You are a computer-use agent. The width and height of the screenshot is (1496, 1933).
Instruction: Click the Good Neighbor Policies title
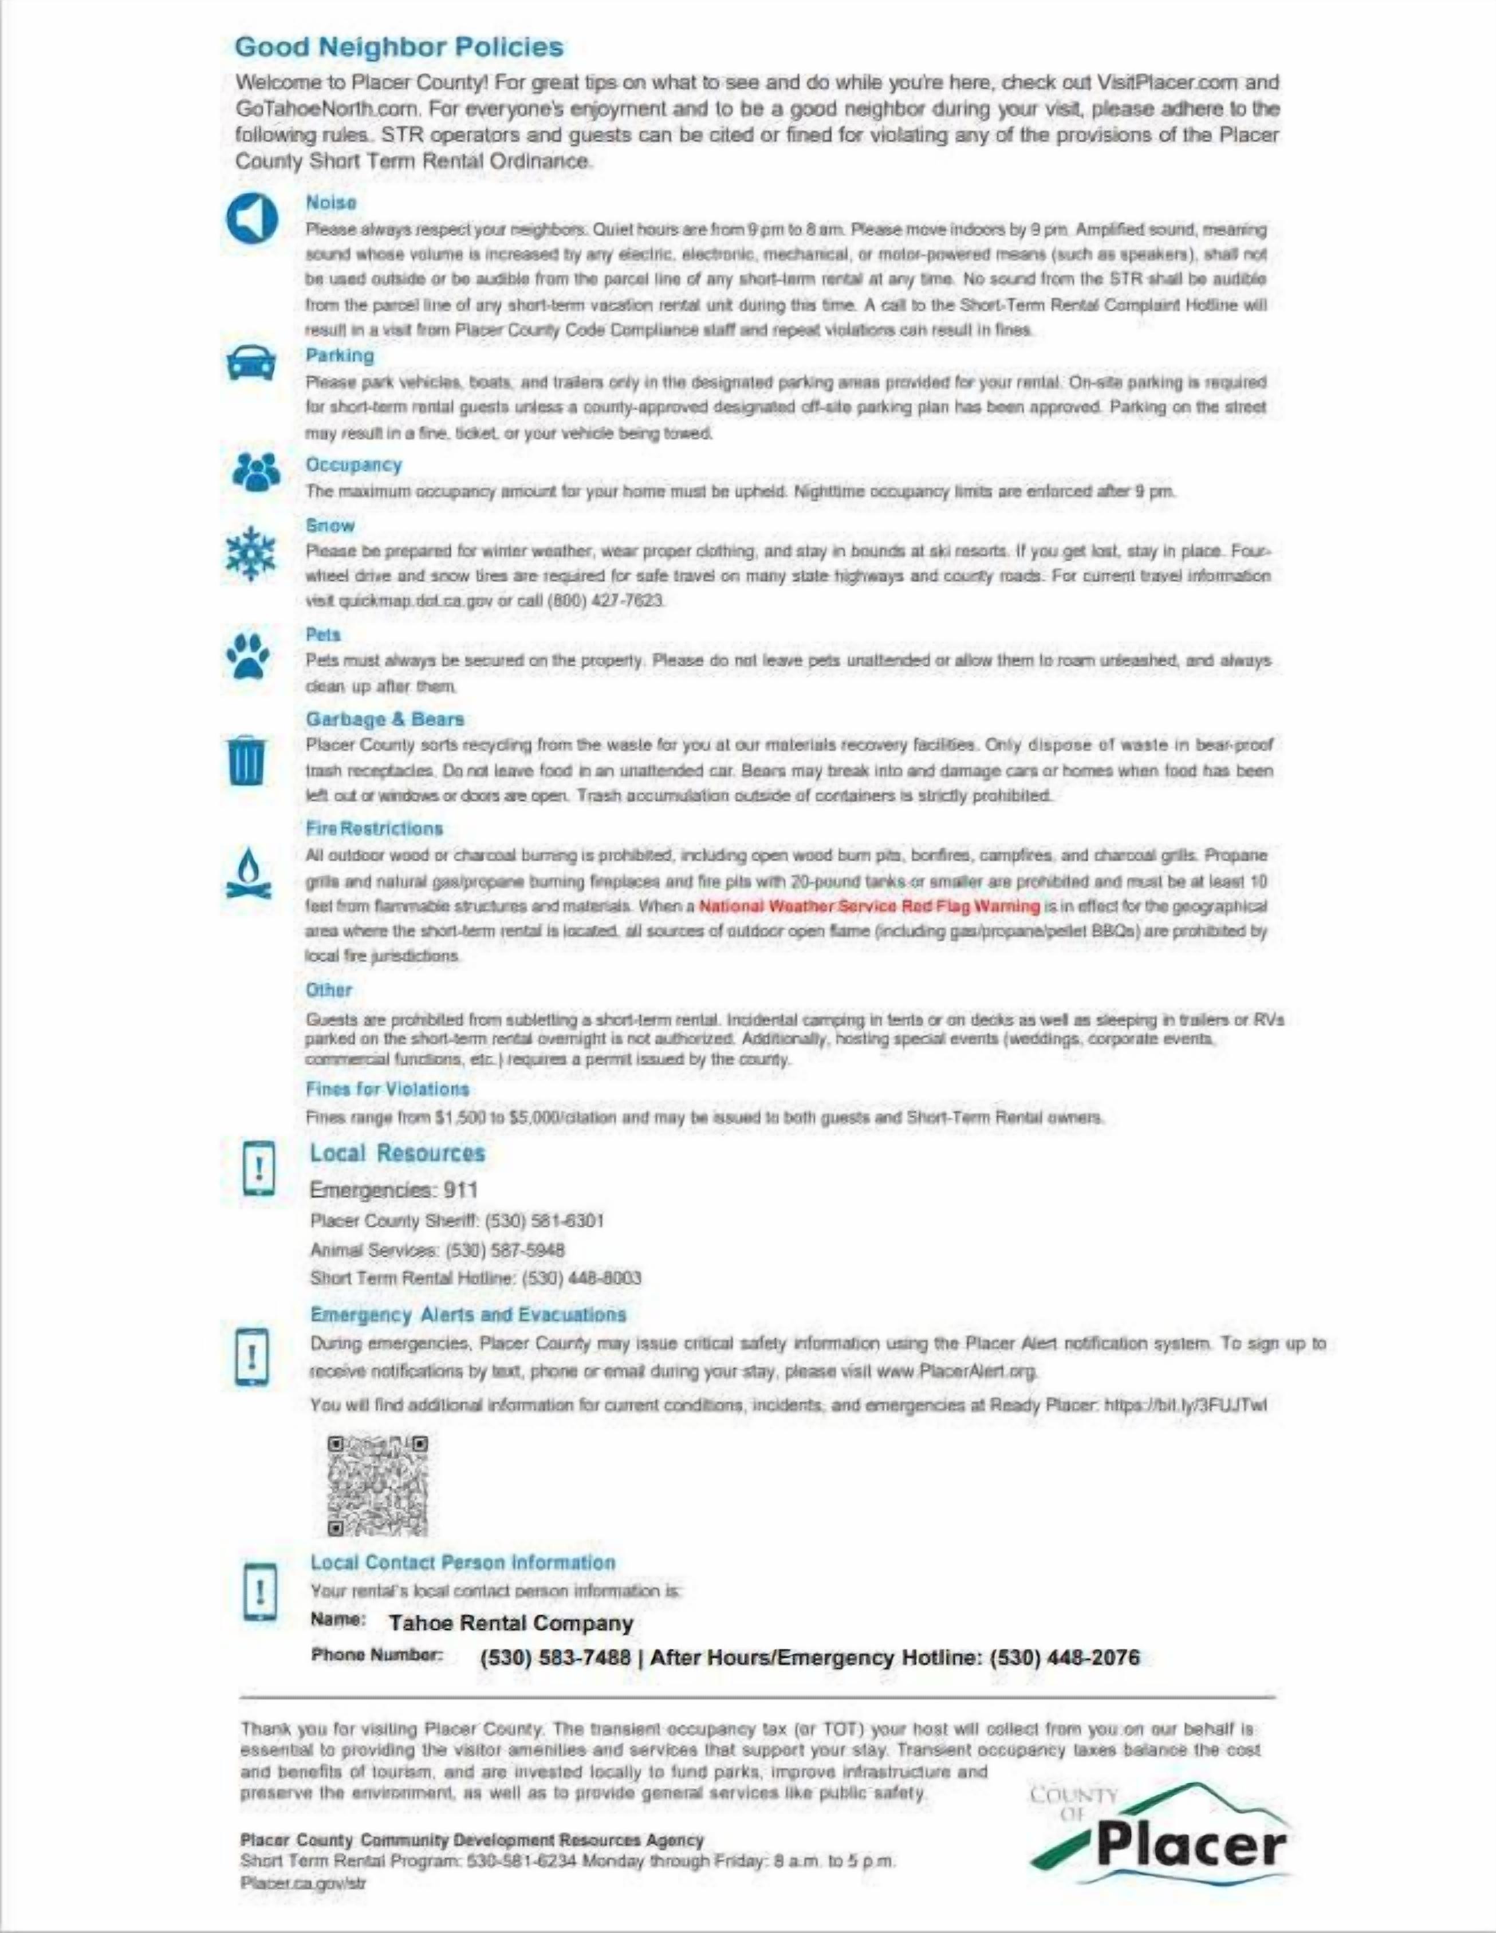click(399, 47)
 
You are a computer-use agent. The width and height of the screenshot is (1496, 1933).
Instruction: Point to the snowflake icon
click(251, 555)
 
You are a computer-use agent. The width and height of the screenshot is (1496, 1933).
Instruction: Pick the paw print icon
click(248, 656)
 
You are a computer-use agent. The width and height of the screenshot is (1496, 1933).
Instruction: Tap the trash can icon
click(246, 760)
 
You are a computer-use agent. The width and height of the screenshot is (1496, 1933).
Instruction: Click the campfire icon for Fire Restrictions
click(249, 874)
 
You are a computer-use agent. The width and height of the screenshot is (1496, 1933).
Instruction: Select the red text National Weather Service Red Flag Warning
click(869, 905)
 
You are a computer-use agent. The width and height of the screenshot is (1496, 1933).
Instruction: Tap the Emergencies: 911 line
click(394, 1190)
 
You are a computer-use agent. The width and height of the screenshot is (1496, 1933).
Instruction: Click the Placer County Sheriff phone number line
click(457, 1221)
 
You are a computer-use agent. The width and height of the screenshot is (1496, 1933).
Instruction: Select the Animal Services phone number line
click(438, 1250)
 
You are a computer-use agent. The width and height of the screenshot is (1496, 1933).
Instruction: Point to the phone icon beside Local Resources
click(258, 1168)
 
